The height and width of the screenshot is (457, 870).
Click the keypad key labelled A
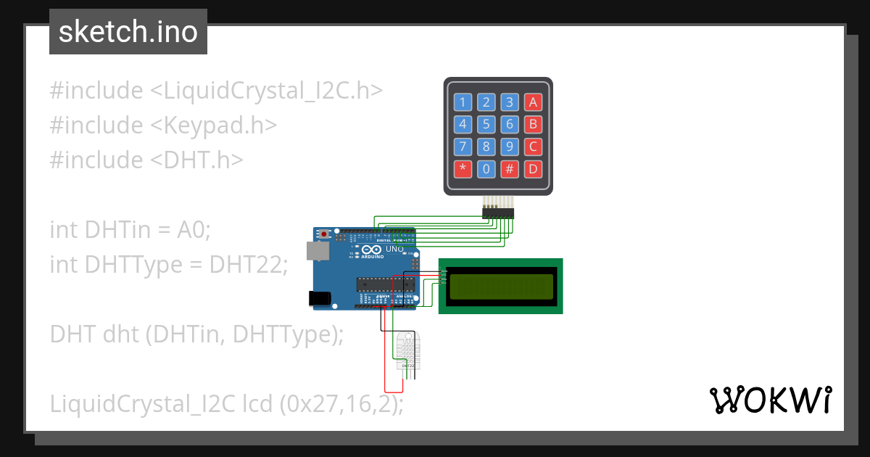coord(533,102)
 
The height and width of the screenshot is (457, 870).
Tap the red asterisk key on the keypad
coord(463,170)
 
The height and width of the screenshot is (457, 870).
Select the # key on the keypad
coord(510,170)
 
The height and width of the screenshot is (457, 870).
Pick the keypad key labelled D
coord(533,170)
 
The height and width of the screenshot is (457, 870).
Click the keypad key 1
coord(463,102)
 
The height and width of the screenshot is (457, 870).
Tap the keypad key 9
coord(510,147)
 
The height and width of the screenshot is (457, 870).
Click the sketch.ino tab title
coord(128,32)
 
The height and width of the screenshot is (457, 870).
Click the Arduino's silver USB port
coord(317,250)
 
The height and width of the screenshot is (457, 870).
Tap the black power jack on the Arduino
coord(320,297)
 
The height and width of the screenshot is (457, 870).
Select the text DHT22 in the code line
coord(248,265)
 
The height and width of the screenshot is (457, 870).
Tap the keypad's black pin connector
coord(498,213)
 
